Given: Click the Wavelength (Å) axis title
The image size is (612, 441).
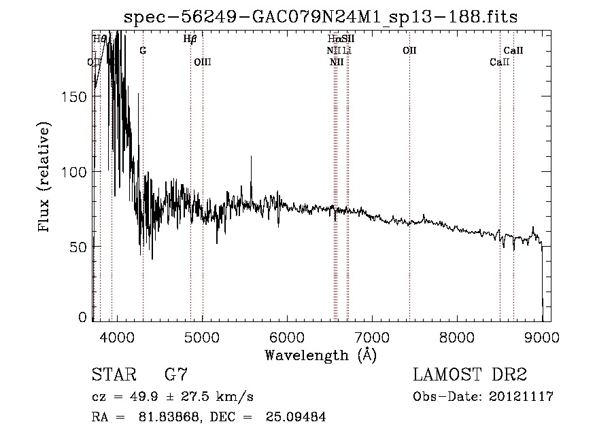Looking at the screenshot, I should coord(320,355).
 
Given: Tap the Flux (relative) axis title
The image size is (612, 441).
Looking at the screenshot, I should coord(46,178).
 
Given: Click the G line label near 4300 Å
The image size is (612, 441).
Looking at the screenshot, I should coord(143,50).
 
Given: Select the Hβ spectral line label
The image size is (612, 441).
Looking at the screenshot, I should coord(190,39).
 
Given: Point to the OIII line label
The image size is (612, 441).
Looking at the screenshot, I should coord(203,62).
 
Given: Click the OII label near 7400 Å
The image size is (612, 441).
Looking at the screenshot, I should coord(409,50).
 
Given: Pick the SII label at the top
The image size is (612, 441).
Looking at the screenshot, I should coord(347,39).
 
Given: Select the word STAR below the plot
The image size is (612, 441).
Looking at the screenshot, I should coord(113,375).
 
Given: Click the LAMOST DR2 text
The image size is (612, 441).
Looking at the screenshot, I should coord(470,375).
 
